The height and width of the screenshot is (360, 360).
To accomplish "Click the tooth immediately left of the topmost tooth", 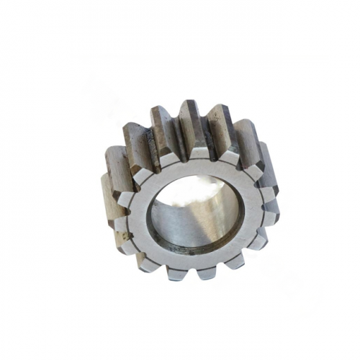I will point(162,133).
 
